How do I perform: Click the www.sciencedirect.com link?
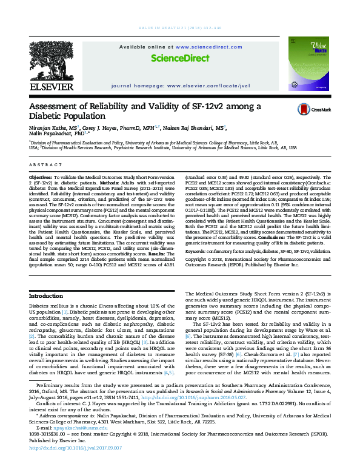187,47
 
